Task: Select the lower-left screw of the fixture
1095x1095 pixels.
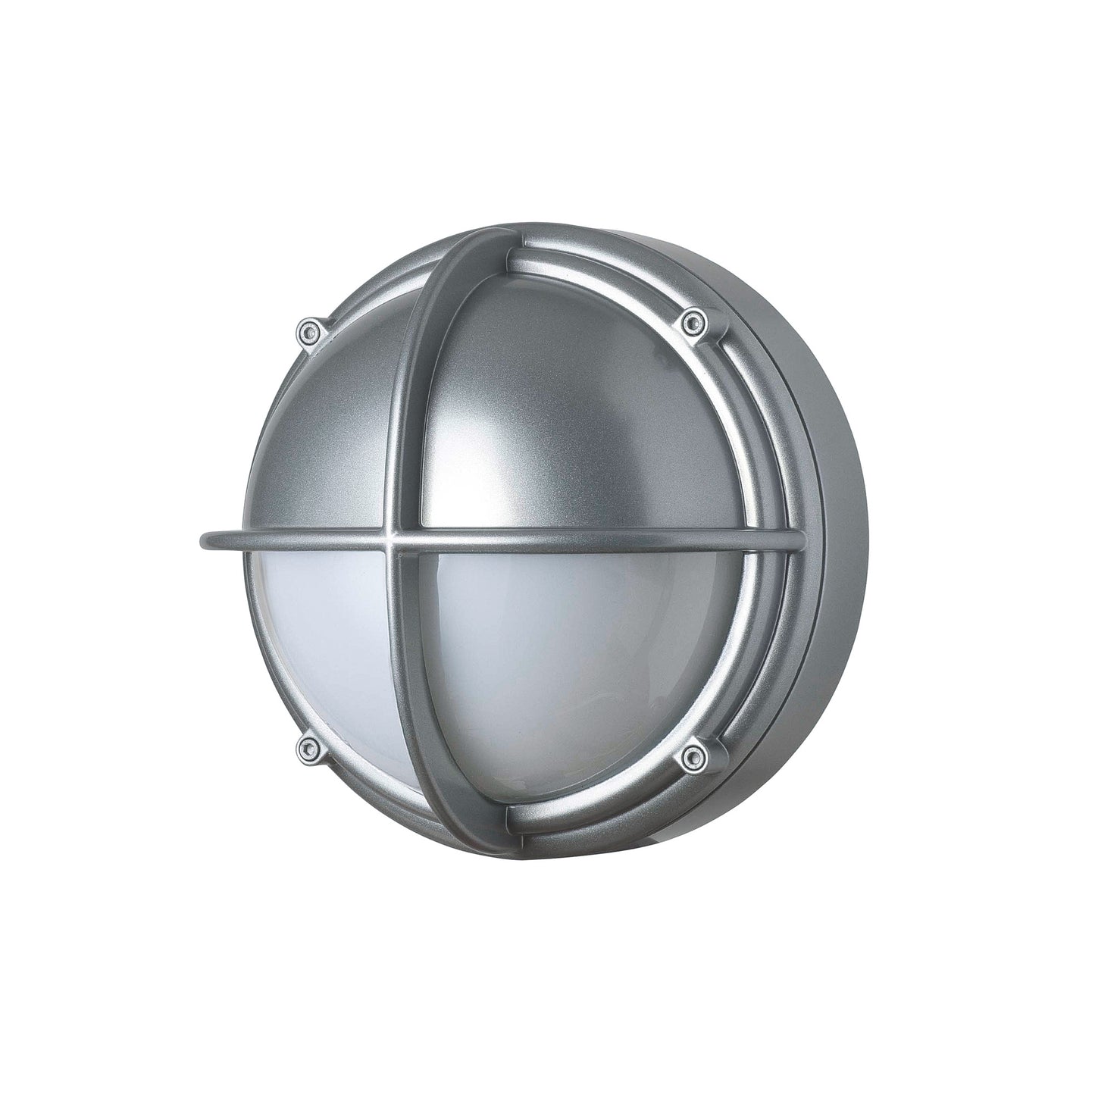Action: (x=307, y=748)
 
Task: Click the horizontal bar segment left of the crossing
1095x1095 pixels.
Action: (x=303, y=541)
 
